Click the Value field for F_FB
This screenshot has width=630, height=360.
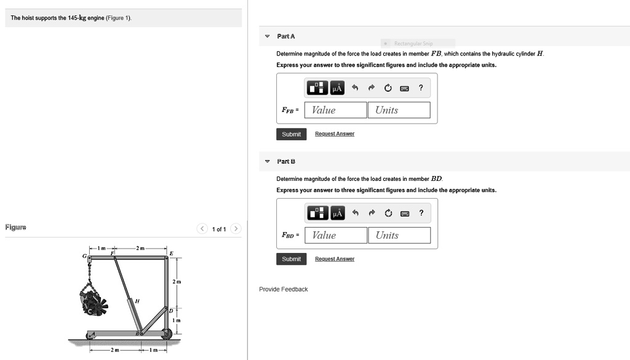[335, 110]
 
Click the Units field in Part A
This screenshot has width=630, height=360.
[399, 110]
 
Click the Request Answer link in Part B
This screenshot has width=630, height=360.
[335, 259]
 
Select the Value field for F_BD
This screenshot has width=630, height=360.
[335, 235]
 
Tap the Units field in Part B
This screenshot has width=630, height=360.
[399, 235]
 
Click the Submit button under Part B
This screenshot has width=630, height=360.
[291, 259]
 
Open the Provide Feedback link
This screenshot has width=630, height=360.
[283, 289]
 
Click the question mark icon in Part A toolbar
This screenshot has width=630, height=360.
[421, 88]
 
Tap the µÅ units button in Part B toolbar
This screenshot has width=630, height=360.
[337, 213]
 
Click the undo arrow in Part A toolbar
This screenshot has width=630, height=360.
[355, 88]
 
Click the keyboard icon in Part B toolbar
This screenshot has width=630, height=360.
[404, 213]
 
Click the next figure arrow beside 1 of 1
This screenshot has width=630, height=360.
[236, 230]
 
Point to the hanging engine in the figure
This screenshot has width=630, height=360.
[94, 299]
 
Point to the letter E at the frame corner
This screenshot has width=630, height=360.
[171, 253]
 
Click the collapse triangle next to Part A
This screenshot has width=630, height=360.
[267, 37]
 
